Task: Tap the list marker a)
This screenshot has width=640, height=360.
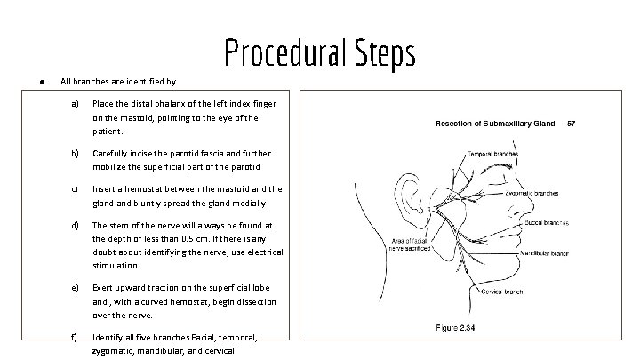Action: point(76,104)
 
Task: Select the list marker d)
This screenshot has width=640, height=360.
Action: point(76,225)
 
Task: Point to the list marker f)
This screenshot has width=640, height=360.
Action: point(76,337)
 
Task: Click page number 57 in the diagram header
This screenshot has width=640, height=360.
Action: point(572,123)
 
